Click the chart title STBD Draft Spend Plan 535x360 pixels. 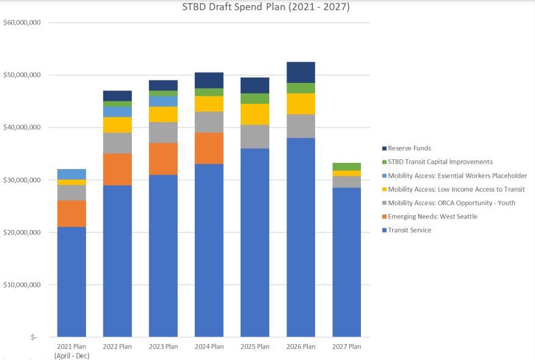pos(266,8)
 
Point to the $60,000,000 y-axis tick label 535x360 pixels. pos(22,23)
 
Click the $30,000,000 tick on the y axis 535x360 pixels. pos(22,180)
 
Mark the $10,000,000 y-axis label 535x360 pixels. pos(22,285)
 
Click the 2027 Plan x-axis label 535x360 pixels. pos(347,347)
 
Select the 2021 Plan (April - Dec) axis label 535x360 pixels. pos(71,351)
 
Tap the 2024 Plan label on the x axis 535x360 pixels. pos(209,347)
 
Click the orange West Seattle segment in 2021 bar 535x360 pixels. pos(71,214)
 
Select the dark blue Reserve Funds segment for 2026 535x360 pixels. pos(300,72)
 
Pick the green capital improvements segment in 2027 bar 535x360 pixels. pos(347,167)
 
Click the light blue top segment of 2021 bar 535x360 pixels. pos(71,174)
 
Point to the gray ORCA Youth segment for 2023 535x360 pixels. pos(163,132)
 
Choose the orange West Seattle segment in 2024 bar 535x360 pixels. pos(209,148)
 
